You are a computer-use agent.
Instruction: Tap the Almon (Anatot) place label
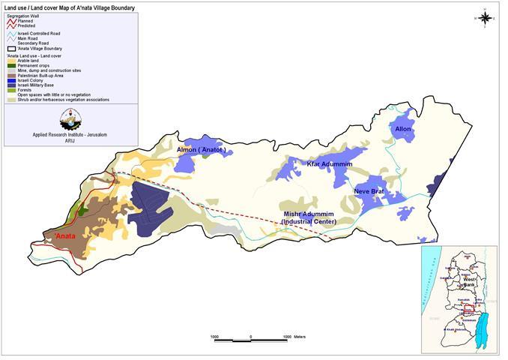(x=201, y=150)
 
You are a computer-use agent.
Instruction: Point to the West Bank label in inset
(x=468, y=284)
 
